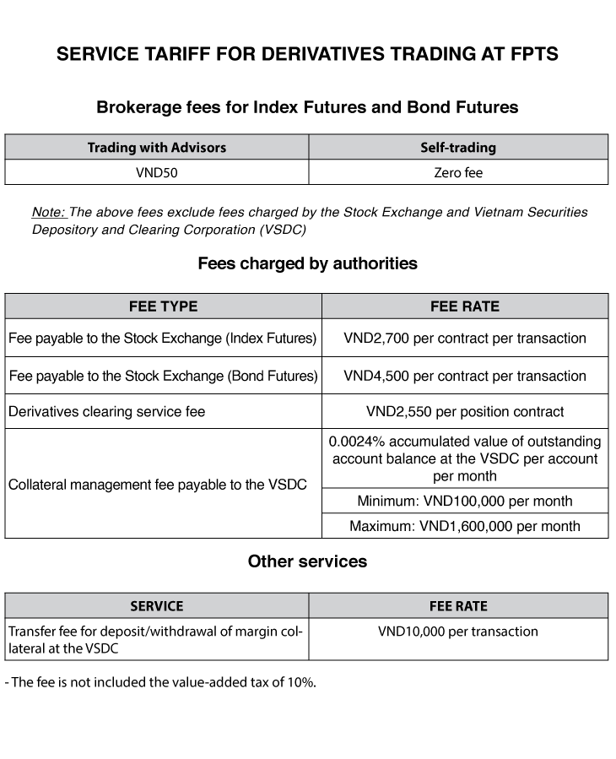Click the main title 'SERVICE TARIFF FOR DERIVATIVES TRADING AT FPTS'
point(307,55)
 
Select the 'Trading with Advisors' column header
point(157,147)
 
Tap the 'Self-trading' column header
point(458,147)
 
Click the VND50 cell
point(157,172)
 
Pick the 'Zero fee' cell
point(458,172)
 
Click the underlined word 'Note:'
point(49,213)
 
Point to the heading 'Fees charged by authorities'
point(307,263)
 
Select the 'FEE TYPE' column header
point(163,306)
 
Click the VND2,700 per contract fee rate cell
point(465,338)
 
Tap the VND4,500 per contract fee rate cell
point(465,375)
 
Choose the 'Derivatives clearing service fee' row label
point(107,412)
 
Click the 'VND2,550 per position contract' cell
point(465,412)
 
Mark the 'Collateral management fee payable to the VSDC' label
point(158,485)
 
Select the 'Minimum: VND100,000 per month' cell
point(465,501)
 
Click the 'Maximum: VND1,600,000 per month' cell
point(465,526)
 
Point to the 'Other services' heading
point(307,561)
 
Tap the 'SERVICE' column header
point(157,606)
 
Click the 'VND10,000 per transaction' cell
point(458,632)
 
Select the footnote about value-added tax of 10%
point(160,682)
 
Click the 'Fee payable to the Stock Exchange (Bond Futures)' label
point(163,375)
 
